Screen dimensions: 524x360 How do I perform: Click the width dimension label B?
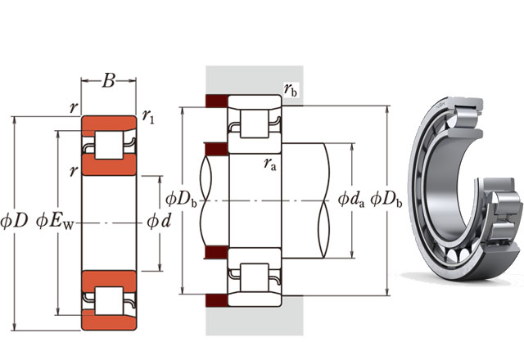pyautogui.click(x=109, y=81)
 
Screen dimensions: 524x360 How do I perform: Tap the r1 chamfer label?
pyautogui.click(x=148, y=116)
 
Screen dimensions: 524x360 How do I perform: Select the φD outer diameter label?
pyautogui.click(x=14, y=221)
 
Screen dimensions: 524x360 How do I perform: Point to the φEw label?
pyautogui.click(x=55, y=222)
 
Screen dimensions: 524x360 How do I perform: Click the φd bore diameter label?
pyautogui.click(x=159, y=221)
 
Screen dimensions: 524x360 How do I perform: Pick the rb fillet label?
pyautogui.click(x=291, y=89)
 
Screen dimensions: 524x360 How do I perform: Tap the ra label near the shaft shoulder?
pyautogui.click(x=270, y=164)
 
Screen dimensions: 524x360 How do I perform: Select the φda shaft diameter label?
pyautogui.click(x=351, y=200)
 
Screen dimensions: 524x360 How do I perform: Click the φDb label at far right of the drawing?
pyautogui.click(x=386, y=200)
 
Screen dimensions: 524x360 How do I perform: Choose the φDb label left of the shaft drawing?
pyautogui.click(x=182, y=200)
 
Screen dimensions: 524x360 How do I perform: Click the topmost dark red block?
pyautogui.click(x=216, y=101)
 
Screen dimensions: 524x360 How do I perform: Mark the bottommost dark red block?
pyautogui.click(x=216, y=300)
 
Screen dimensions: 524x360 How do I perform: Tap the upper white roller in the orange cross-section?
pyautogui.click(x=109, y=146)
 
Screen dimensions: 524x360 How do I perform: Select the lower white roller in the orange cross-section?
pyautogui.click(x=109, y=301)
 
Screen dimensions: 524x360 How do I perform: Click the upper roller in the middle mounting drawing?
pyautogui.click(x=255, y=124)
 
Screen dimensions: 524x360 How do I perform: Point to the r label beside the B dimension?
pyautogui.click(x=74, y=107)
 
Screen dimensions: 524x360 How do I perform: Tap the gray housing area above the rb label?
pyautogui.click(x=255, y=79)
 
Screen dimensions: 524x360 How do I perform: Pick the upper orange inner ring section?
pyautogui.click(x=109, y=164)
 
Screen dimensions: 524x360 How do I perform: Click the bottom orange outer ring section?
pyautogui.click(x=109, y=322)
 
